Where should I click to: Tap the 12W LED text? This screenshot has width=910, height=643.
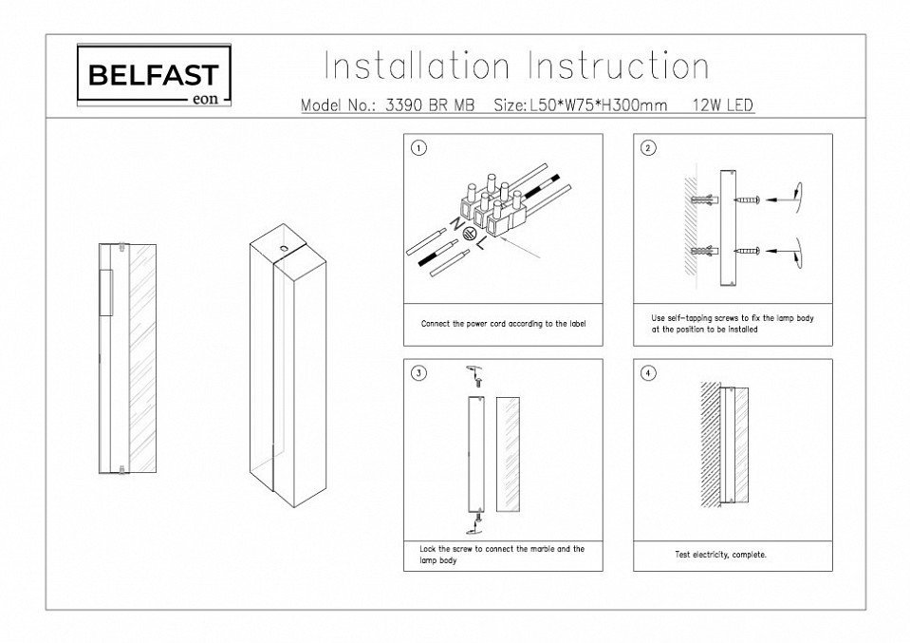723,105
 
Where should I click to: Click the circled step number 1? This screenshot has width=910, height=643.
418,148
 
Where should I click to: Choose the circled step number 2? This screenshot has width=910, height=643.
648,148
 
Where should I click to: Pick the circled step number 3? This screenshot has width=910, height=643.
418,373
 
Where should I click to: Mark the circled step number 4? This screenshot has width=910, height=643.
648,373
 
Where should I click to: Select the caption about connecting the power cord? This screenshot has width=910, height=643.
503,324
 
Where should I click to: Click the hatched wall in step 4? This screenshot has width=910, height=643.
710,446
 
